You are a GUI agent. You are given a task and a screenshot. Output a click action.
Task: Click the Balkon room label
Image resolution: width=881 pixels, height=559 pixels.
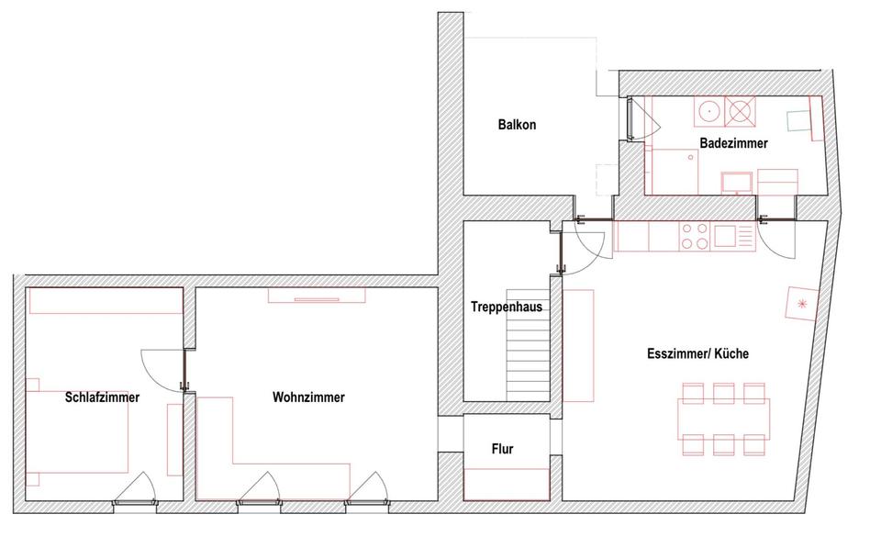coord(517,125)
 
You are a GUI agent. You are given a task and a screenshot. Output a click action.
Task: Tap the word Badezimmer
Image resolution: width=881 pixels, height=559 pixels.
coord(733,144)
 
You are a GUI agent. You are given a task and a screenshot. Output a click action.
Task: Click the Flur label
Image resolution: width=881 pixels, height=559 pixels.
coord(502,449)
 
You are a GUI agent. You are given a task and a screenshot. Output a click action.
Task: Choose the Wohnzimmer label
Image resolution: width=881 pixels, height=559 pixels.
coord(308,397)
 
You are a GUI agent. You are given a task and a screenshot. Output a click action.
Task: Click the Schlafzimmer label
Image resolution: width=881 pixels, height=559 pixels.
coord(102,397)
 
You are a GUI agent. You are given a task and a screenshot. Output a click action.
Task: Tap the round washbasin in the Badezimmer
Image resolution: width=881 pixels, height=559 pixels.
coord(708,112)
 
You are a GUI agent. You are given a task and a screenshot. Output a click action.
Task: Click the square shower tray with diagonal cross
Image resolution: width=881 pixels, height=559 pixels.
coord(740,111)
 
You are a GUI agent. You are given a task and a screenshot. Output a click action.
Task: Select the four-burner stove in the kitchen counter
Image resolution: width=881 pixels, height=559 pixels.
coord(694,237)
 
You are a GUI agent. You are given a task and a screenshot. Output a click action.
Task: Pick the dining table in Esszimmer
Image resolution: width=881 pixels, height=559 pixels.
coord(724,419)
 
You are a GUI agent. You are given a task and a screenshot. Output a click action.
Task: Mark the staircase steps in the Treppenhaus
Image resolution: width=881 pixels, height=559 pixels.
coord(530,365)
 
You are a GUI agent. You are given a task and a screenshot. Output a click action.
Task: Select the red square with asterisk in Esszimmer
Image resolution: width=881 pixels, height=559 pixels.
coord(801,303)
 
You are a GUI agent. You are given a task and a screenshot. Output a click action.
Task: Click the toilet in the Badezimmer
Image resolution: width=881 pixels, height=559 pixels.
coord(801,120)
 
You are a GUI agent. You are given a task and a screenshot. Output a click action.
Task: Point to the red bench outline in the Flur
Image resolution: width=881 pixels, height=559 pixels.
coord(507,484)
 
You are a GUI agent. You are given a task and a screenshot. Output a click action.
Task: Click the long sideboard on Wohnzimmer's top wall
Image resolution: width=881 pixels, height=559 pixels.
coord(317,295)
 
